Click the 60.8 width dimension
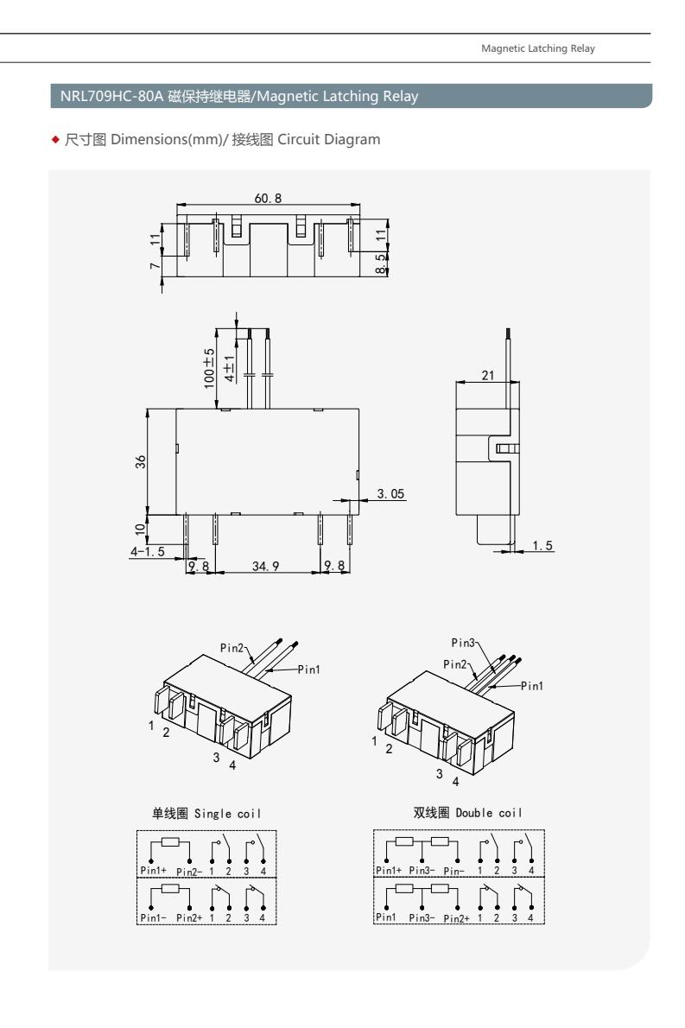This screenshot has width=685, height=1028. pos(268,198)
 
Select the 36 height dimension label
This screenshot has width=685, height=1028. pos(141,461)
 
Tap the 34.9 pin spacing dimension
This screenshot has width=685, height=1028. pos(265,566)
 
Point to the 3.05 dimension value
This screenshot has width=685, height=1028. pos(390,493)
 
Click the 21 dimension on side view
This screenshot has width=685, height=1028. pos(488,375)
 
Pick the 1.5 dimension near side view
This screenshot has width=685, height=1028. pos(542,545)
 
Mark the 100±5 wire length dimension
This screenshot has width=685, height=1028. pos(209,369)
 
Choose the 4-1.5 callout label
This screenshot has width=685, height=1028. pos(148,551)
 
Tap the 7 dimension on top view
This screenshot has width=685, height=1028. pos(155,265)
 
